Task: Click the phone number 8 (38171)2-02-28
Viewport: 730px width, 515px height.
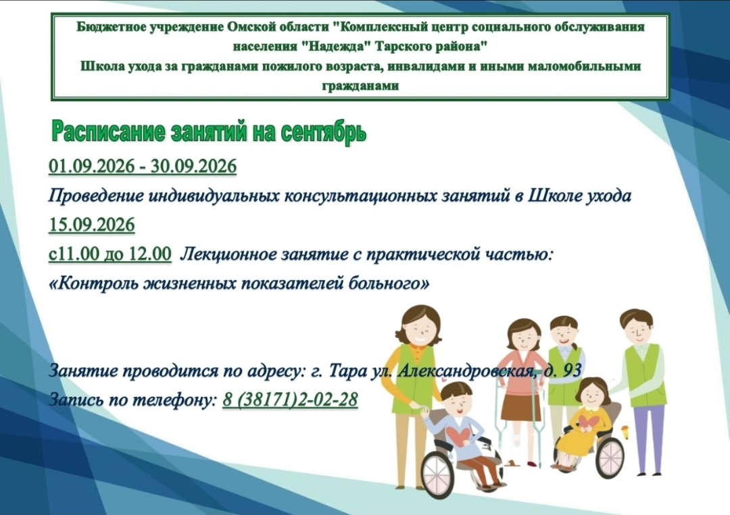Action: pos(290,400)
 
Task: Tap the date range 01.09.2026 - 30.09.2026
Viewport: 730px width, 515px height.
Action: pos(143,166)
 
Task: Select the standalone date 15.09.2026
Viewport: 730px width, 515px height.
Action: pos(92,225)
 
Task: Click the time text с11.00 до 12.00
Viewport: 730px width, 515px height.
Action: pos(110,254)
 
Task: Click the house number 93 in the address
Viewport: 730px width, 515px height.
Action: pos(573,371)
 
